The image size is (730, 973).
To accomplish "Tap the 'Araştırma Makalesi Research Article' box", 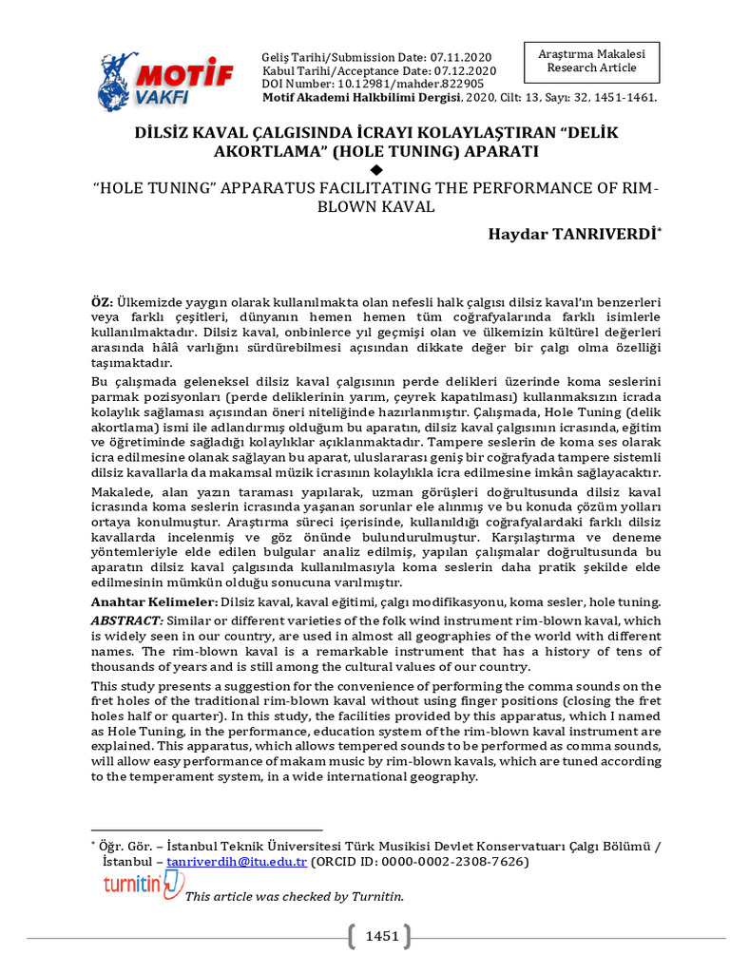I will point(591,62).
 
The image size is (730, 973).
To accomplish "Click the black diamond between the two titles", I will point(375,169).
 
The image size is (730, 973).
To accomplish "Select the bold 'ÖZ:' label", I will point(102,301).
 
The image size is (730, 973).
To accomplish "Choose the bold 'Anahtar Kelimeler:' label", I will point(154,602).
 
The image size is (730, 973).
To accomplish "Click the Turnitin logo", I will point(144,886).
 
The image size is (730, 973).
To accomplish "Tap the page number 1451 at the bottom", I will point(382,937).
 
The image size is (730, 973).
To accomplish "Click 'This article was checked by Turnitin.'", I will point(294,896).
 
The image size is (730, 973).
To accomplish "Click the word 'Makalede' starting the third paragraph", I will point(120,491).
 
